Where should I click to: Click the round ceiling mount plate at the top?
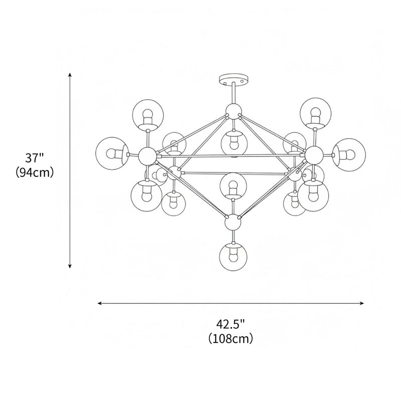click(234, 79)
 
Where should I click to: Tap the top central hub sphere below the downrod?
click(233, 111)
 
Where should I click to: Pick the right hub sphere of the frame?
click(314, 154)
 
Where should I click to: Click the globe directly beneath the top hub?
click(233, 141)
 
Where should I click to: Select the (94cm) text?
click(35, 172)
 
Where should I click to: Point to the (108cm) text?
click(231, 338)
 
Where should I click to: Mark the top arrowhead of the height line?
click(70, 74)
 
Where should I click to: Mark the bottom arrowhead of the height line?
click(70, 266)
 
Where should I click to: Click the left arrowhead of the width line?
click(100, 303)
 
